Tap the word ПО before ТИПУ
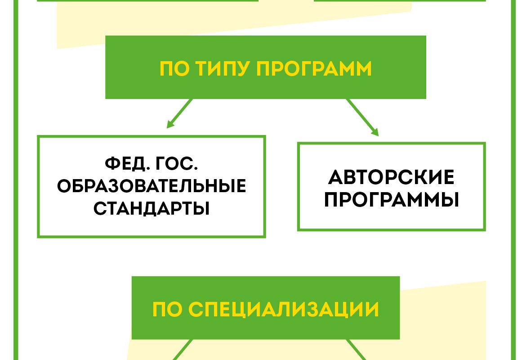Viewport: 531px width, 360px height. [x=174, y=68]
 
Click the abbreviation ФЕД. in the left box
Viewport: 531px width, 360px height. [x=127, y=164]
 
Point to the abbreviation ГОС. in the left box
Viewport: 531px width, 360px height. [x=177, y=164]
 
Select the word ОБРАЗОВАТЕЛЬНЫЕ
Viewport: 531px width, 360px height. [x=152, y=186]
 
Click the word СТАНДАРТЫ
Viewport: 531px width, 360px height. [x=152, y=208]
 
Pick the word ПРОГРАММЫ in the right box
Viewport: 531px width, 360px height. [x=392, y=199]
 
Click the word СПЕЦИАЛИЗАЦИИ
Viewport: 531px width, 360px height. [x=283, y=309]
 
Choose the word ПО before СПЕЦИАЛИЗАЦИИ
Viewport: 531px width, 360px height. [x=167, y=309]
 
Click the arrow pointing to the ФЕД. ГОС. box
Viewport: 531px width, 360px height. [x=180, y=113]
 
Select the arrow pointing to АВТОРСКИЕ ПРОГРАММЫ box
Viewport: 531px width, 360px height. [x=362, y=117]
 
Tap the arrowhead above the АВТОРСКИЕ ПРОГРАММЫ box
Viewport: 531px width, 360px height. [x=375, y=132]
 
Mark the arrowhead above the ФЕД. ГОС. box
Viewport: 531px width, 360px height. [x=170, y=124]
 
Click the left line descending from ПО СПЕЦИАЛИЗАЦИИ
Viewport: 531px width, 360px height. [x=183, y=350]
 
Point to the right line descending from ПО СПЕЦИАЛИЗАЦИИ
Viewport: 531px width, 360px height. [x=356, y=350]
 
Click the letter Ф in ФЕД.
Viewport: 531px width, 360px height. [x=112, y=164]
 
